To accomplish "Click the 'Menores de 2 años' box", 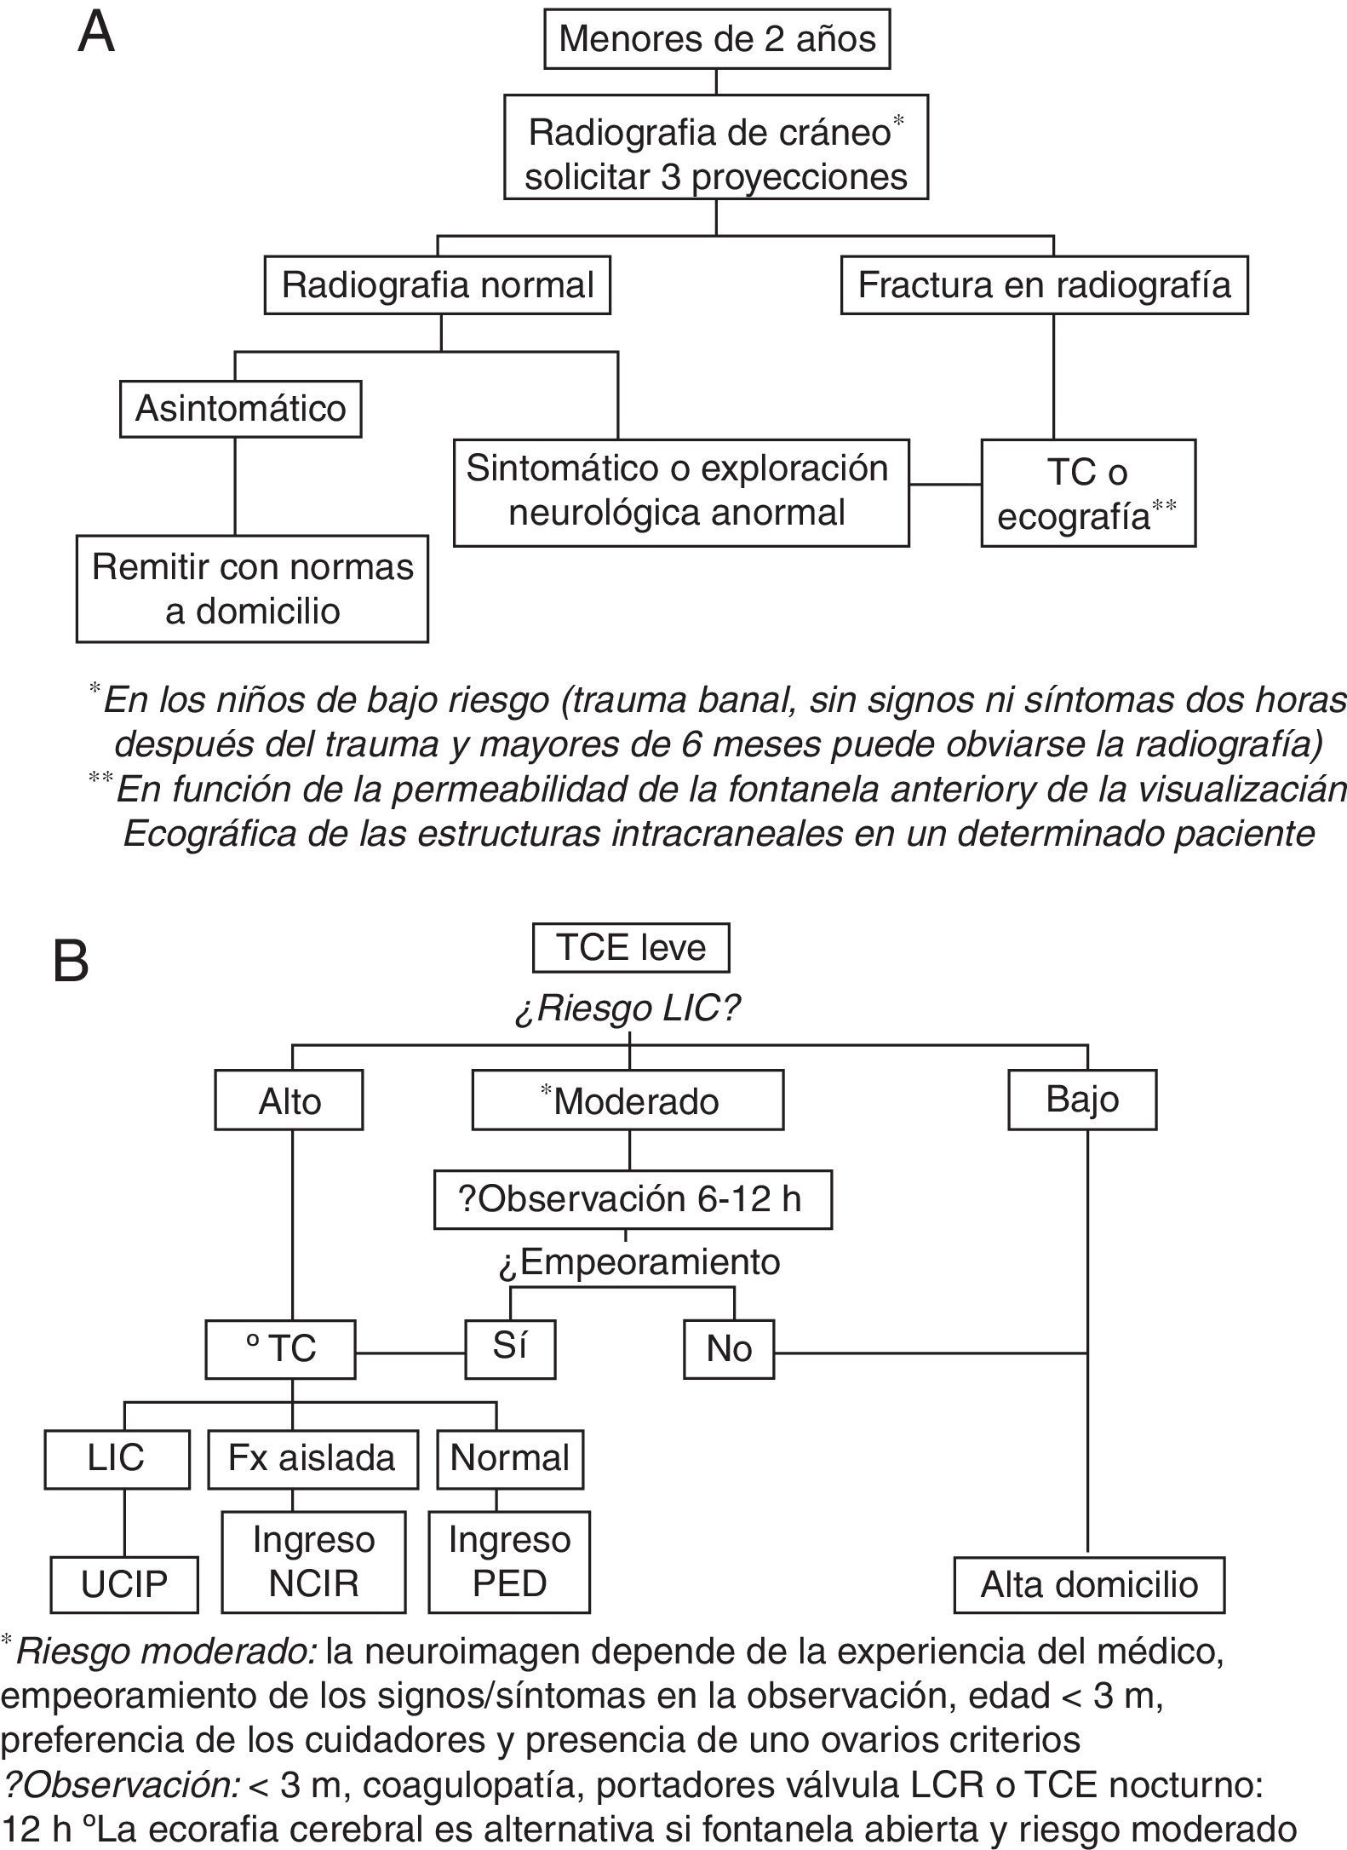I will (x=716, y=40).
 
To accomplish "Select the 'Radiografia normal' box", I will (x=437, y=285).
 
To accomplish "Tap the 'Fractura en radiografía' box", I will (x=1044, y=285).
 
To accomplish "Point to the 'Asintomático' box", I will (x=240, y=409).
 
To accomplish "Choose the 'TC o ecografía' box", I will (x=1087, y=493).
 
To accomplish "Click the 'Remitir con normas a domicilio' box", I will (x=252, y=589).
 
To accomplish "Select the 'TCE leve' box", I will (x=630, y=947).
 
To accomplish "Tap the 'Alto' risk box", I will (x=289, y=1101).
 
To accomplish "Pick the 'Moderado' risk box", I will (x=628, y=1101).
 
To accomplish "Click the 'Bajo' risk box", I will (x=1081, y=1100).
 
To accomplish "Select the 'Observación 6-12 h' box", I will (x=632, y=1199).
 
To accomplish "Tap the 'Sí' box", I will (x=509, y=1348).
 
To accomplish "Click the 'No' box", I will (x=728, y=1349).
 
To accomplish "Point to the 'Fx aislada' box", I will (x=312, y=1459).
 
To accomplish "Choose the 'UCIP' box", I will (x=124, y=1584).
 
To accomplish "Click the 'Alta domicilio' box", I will (x=1088, y=1584).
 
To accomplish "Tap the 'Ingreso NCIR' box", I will (x=313, y=1561).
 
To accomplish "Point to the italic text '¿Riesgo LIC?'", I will (x=628, y=1009).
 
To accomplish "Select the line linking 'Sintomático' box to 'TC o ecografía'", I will (x=945, y=485).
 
